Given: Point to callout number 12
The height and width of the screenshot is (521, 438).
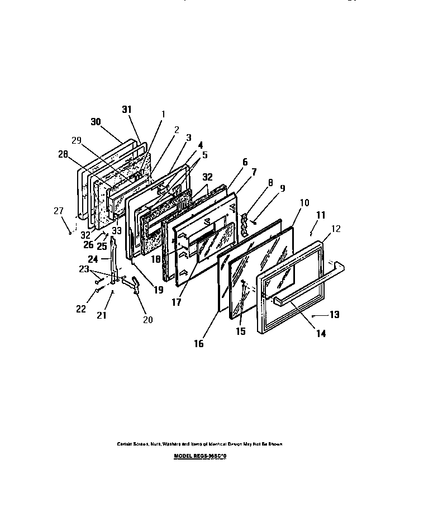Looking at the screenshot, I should (x=336, y=229).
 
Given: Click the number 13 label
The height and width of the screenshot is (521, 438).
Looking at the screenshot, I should (x=334, y=315).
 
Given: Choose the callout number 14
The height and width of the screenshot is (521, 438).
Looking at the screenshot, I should (x=320, y=334).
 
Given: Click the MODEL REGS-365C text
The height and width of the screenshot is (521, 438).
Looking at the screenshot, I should (x=202, y=456).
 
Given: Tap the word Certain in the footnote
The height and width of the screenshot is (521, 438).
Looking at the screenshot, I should (x=125, y=444).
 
